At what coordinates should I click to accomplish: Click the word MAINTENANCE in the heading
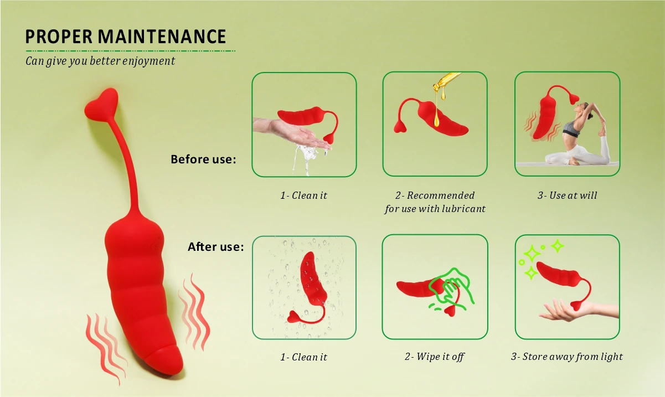point(162,37)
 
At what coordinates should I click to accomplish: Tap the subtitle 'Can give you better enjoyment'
point(100,61)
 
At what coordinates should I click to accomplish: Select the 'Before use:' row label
point(203,159)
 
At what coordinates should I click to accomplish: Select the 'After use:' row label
point(215,247)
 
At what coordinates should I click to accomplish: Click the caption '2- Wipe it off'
point(434,357)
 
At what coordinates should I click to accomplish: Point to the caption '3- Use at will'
point(567,195)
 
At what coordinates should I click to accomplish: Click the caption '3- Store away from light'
point(566,357)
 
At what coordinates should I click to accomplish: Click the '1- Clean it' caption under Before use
point(303,195)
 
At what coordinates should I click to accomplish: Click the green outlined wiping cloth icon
point(453,288)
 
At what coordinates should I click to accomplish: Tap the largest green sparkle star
point(532,254)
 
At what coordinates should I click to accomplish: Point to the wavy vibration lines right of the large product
point(193,311)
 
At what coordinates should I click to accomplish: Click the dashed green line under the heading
point(130,51)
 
